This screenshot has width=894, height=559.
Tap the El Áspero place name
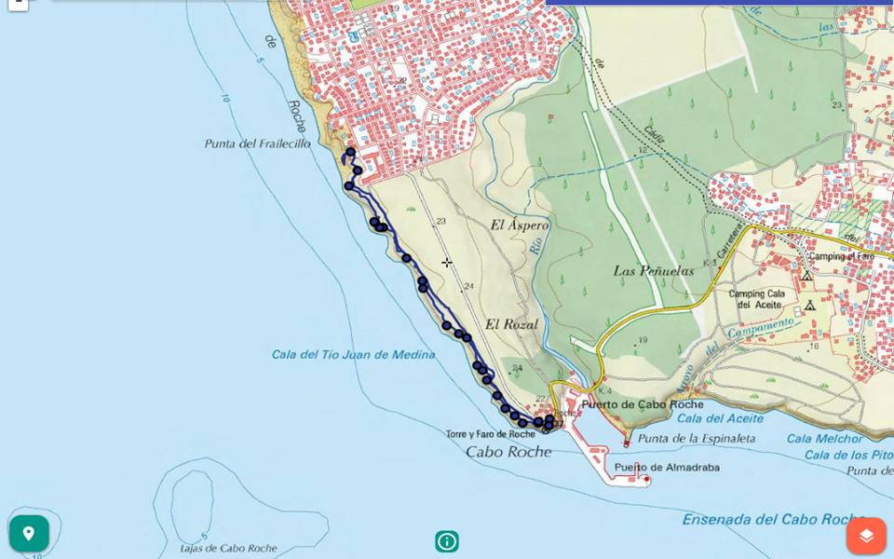[x=519, y=225]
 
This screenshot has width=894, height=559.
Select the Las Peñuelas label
[x=654, y=271]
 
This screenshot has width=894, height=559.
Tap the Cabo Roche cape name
[x=508, y=452]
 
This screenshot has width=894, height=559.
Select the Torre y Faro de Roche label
[x=490, y=434]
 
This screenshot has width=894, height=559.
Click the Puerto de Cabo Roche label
[x=642, y=404]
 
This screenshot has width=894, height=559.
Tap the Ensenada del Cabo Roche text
[x=774, y=520]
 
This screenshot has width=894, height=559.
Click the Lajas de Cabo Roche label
[x=229, y=548]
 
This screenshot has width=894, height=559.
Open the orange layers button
[x=866, y=536]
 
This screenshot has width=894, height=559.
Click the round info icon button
[x=447, y=541]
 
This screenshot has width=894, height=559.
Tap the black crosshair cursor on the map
[x=447, y=263]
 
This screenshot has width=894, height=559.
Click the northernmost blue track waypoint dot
[x=350, y=152]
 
